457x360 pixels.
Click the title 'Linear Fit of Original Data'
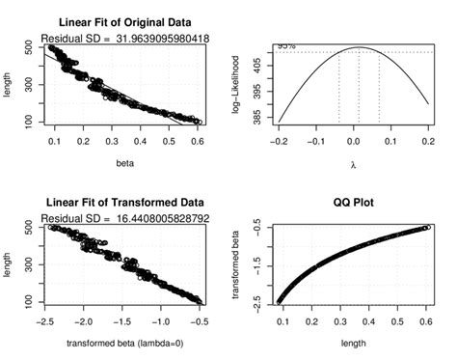point(125,21)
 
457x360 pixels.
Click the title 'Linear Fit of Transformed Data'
point(125,205)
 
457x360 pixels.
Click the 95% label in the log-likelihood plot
point(286,45)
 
